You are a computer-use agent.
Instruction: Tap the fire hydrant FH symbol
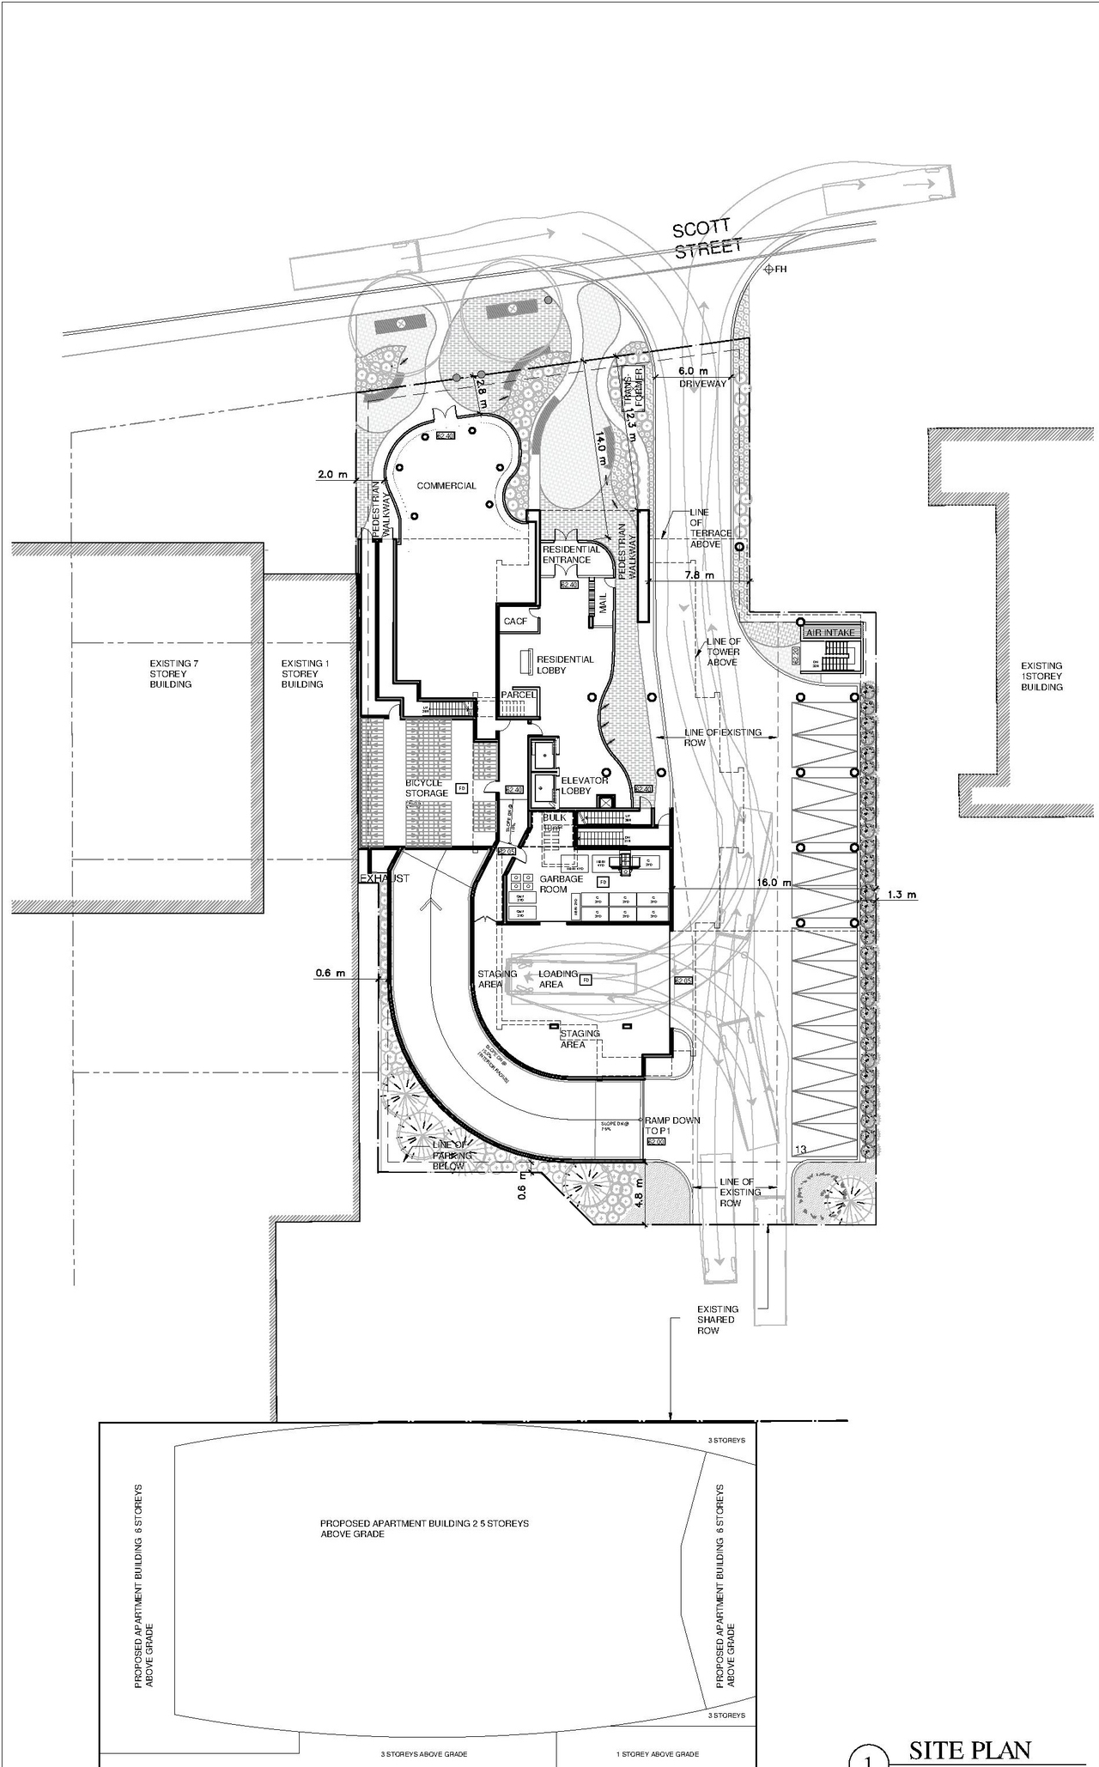[769, 270]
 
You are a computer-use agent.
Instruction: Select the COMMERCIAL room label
[446, 486]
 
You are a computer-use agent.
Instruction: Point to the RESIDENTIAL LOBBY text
[565, 665]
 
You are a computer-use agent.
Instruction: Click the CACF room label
[515, 621]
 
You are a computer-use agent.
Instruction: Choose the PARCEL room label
[519, 695]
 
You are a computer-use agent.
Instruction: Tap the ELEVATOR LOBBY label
[584, 786]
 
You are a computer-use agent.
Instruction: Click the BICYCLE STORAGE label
[426, 788]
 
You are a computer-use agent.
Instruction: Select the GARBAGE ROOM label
[561, 884]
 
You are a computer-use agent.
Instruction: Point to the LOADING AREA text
[557, 979]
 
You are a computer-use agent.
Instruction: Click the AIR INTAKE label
[829, 633]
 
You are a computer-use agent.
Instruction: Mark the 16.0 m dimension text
[773, 883]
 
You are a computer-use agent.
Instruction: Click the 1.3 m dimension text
[902, 895]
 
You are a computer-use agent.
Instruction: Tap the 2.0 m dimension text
[332, 474]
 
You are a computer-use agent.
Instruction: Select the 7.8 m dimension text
[699, 575]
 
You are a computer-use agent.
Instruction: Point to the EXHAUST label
[384, 879]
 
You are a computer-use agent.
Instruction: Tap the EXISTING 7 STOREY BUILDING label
[171, 674]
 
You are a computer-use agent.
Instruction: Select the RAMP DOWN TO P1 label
[671, 1126]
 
